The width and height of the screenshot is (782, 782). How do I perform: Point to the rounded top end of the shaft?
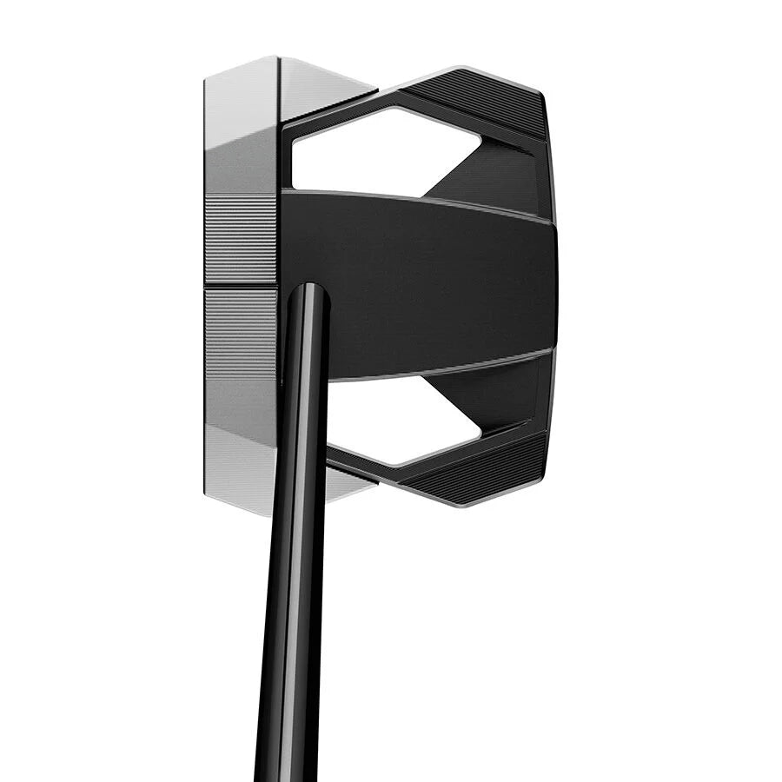coord(308,290)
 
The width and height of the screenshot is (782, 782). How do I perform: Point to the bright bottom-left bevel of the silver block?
coord(239,469)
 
